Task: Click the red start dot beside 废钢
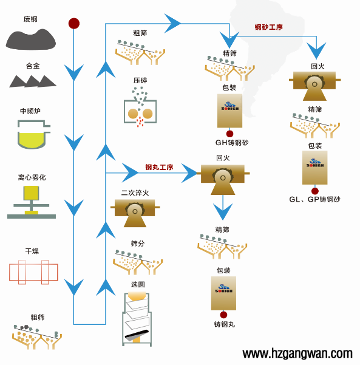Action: [x=74, y=24]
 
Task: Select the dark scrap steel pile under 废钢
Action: [x=30, y=38]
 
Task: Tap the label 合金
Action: [x=33, y=66]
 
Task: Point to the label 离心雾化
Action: [x=32, y=177]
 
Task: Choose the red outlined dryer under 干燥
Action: [x=33, y=271]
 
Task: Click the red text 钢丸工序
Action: [x=159, y=167]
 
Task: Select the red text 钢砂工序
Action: [x=268, y=27]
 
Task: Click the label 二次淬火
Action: [x=135, y=193]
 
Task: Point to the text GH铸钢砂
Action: [x=231, y=143]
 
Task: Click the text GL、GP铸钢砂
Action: [x=314, y=199]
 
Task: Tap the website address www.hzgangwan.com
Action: [x=297, y=353]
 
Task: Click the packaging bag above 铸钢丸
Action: [x=223, y=293]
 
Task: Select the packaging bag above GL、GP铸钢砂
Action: [x=314, y=168]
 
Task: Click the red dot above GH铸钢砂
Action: [x=229, y=133]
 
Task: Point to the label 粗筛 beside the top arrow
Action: [x=140, y=33]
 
